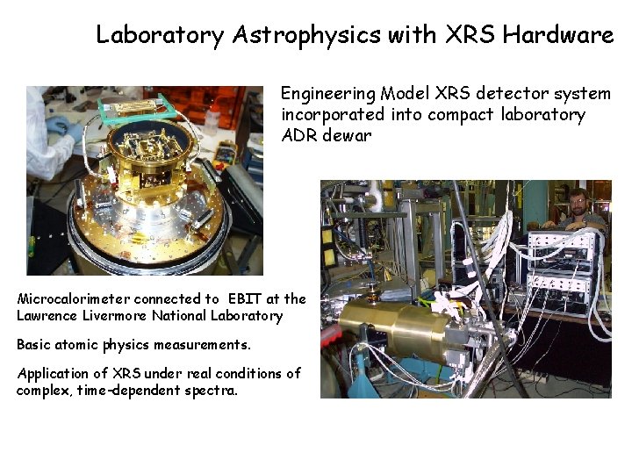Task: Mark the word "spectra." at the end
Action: (209, 390)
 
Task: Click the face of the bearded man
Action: (577, 203)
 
